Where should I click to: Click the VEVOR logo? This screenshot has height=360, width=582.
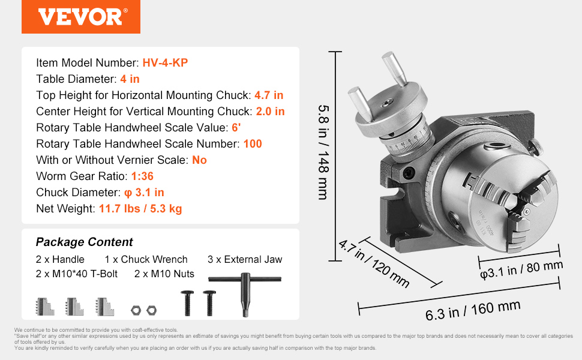(x=81, y=17)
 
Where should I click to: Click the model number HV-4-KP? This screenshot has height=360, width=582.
(x=165, y=63)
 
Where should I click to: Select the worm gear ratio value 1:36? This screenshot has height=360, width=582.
(x=142, y=176)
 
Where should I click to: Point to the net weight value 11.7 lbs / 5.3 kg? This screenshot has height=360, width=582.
(x=140, y=209)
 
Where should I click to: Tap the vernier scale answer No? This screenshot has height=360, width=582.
(x=199, y=160)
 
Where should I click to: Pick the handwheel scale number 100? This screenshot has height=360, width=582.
(x=253, y=143)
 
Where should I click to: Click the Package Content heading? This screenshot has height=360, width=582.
(x=84, y=242)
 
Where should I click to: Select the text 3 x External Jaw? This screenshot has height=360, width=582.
(x=245, y=259)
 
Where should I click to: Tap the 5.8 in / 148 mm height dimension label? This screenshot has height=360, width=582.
(x=323, y=152)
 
